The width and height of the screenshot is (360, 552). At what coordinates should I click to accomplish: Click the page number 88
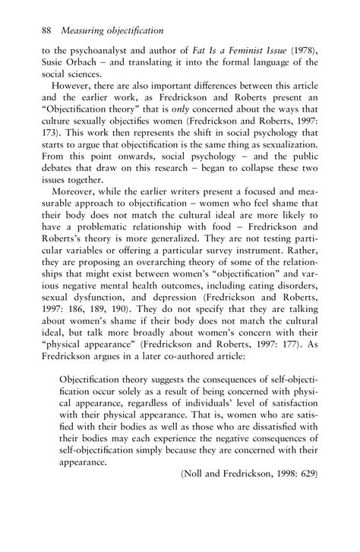click(x=45, y=30)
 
